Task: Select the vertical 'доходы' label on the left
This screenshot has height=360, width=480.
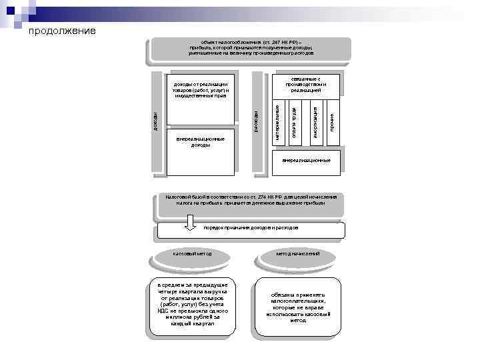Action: click(x=155, y=123)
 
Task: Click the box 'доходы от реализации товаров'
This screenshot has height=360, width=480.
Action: click(x=201, y=90)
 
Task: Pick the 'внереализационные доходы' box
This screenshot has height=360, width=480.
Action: click(x=201, y=143)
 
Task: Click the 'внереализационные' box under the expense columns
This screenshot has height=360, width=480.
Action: click(x=306, y=161)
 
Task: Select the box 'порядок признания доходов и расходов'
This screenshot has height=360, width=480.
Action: click(x=253, y=230)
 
